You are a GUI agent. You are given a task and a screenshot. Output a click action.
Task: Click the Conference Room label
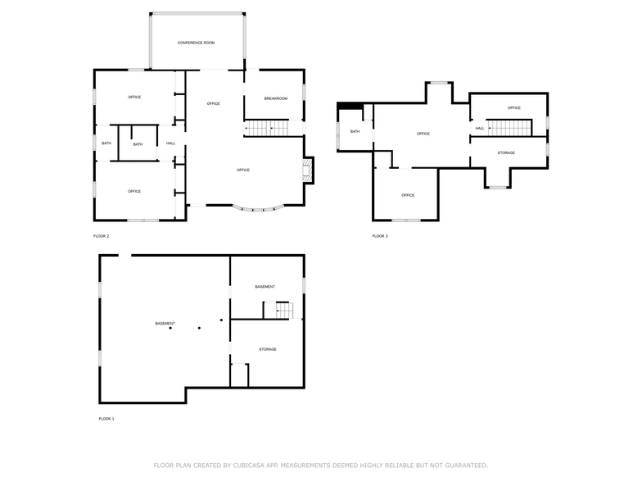pos(197,43)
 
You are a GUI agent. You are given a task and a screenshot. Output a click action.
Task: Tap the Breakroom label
pos(275,98)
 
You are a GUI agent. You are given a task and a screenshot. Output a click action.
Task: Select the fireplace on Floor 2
pos(308,170)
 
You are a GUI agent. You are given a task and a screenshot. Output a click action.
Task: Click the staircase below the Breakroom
pos(269,128)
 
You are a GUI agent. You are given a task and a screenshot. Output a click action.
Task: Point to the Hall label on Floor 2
pos(170,143)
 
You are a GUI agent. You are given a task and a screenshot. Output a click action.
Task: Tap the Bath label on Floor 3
pos(355,131)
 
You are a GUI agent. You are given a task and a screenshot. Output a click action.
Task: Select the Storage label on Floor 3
pos(506,152)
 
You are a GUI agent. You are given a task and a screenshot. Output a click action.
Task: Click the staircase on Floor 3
pos(511,128)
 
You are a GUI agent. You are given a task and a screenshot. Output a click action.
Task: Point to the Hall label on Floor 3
pos(480,128)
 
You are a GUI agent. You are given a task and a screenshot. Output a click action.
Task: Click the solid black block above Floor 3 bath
pos(350,104)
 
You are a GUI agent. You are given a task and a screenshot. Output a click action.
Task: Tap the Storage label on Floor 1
pos(268,349)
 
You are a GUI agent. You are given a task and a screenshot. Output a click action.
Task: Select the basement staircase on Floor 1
pos(278,310)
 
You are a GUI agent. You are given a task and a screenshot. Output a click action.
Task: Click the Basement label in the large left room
pos(165,323)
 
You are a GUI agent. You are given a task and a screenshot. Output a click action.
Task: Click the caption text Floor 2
pos(101,236)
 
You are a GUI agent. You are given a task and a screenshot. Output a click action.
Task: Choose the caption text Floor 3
pos(380,236)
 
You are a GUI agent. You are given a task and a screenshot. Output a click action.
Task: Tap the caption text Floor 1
pos(106,419)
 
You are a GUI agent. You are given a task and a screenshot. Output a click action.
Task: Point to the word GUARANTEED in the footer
pos(463,465)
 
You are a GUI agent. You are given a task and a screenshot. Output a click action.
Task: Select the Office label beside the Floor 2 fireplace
pos(243,170)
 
